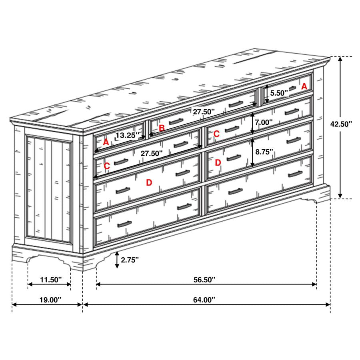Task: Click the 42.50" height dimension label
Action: (x=341, y=124)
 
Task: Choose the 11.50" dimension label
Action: (x=50, y=279)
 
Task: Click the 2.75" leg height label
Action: (x=130, y=260)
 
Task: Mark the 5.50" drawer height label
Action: (x=279, y=93)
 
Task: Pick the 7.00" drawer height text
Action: (x=264, y=122)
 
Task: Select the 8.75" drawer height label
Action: (x=264, y=152)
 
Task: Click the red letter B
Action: (x=162, y=128)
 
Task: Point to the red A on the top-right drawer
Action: (x=304, y=86)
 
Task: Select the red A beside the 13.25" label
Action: (x=106, y=142)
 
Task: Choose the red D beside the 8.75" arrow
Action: (x=218, y=163)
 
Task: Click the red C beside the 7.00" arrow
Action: (x=216, y=134)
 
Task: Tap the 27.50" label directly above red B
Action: (x=204, y=112)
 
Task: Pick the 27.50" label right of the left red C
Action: (x=152, y=153)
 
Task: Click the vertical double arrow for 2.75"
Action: (x=117, y=260)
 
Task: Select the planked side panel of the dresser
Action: (x=48, y=188)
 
